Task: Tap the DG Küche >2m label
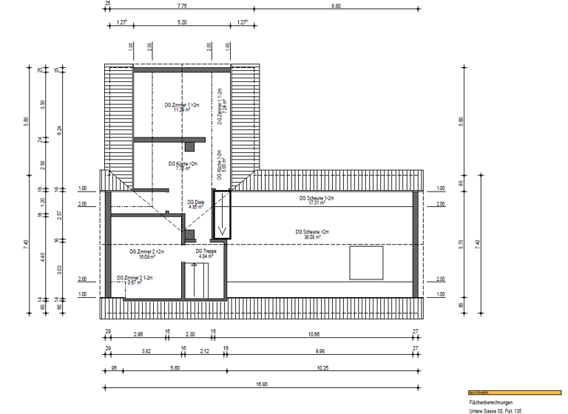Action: (182, 163)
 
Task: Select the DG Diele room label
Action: (195, 202)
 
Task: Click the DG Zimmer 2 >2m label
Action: (146, 252)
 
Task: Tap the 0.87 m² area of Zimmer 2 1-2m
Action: (135, 282)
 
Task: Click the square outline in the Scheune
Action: (366, 263)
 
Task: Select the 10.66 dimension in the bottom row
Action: (314, 334)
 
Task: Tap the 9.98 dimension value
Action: (319, 350)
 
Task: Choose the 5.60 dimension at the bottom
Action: (175, 367)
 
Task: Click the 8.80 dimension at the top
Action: (336, 6)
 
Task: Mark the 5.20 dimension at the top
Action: (182, 23)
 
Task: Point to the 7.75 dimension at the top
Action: (182, 6)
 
